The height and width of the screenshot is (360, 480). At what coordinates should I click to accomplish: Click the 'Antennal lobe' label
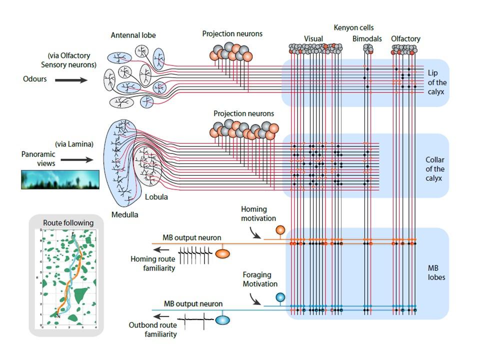click(133, 35)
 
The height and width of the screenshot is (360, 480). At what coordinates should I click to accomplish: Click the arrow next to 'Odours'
click(70, 79)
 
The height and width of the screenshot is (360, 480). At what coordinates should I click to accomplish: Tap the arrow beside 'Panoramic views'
click(76, 160)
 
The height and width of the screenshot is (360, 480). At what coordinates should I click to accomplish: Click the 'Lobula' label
click(156, 197)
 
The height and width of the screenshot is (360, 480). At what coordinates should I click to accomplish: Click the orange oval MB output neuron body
click(222, 253)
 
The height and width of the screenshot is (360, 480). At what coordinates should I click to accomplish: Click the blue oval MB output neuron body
click(223, 319)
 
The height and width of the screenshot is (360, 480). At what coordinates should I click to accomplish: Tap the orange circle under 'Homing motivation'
click(280, 230)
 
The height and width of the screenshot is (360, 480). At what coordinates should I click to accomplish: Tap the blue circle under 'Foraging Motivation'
click(280, 297)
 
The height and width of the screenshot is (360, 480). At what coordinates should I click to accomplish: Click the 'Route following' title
click(68, 223)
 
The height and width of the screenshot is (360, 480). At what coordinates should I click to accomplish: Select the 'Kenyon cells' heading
click(353, 27)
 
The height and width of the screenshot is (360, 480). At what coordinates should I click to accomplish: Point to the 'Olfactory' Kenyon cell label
click(405, 38)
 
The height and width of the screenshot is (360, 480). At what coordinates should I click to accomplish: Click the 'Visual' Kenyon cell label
click(313, 38)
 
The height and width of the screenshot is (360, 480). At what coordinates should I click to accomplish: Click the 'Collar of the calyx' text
click(434, 169)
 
